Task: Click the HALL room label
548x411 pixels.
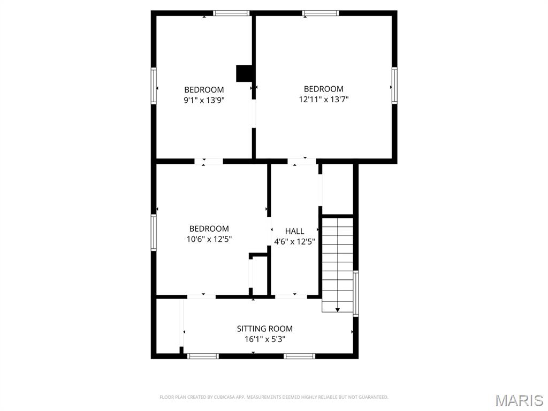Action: tap(294, 231)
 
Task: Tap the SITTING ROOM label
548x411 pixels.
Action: tap(264, 329)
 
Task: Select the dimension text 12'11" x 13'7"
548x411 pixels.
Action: tap(324, 99)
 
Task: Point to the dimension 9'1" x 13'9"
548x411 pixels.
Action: tap(204, 100)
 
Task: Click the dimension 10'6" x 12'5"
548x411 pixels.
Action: tap(209, 239)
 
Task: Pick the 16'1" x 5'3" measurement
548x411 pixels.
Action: tap(264, 339)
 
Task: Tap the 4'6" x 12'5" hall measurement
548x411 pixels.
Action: tap(294, 241)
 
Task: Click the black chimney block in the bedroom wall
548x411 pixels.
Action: tap(244, 73)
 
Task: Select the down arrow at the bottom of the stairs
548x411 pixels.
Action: tap(338, 310)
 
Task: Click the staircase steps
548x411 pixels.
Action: tap(337, 264)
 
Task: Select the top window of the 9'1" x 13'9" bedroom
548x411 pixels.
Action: tap(231, 13)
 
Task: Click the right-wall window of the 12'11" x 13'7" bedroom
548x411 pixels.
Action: tap(394, 85)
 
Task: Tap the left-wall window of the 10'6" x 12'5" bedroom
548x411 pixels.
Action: tap(154, 232)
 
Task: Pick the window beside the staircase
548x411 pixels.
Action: tap(355, 293)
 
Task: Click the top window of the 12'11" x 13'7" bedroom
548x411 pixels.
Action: tap(321, 13)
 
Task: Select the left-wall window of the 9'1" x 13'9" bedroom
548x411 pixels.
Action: tap(154, 86)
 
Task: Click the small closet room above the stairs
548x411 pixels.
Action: tap(337, 189)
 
